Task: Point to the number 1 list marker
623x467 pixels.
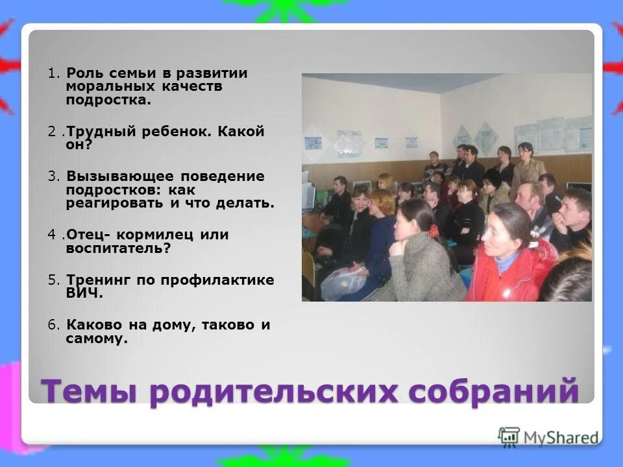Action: [51, 73]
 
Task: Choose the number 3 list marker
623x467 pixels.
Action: [51, 176]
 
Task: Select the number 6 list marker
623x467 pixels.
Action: [51, 325]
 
